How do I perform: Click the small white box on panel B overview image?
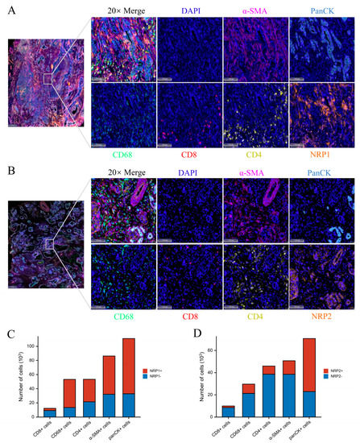coord(51,242)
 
